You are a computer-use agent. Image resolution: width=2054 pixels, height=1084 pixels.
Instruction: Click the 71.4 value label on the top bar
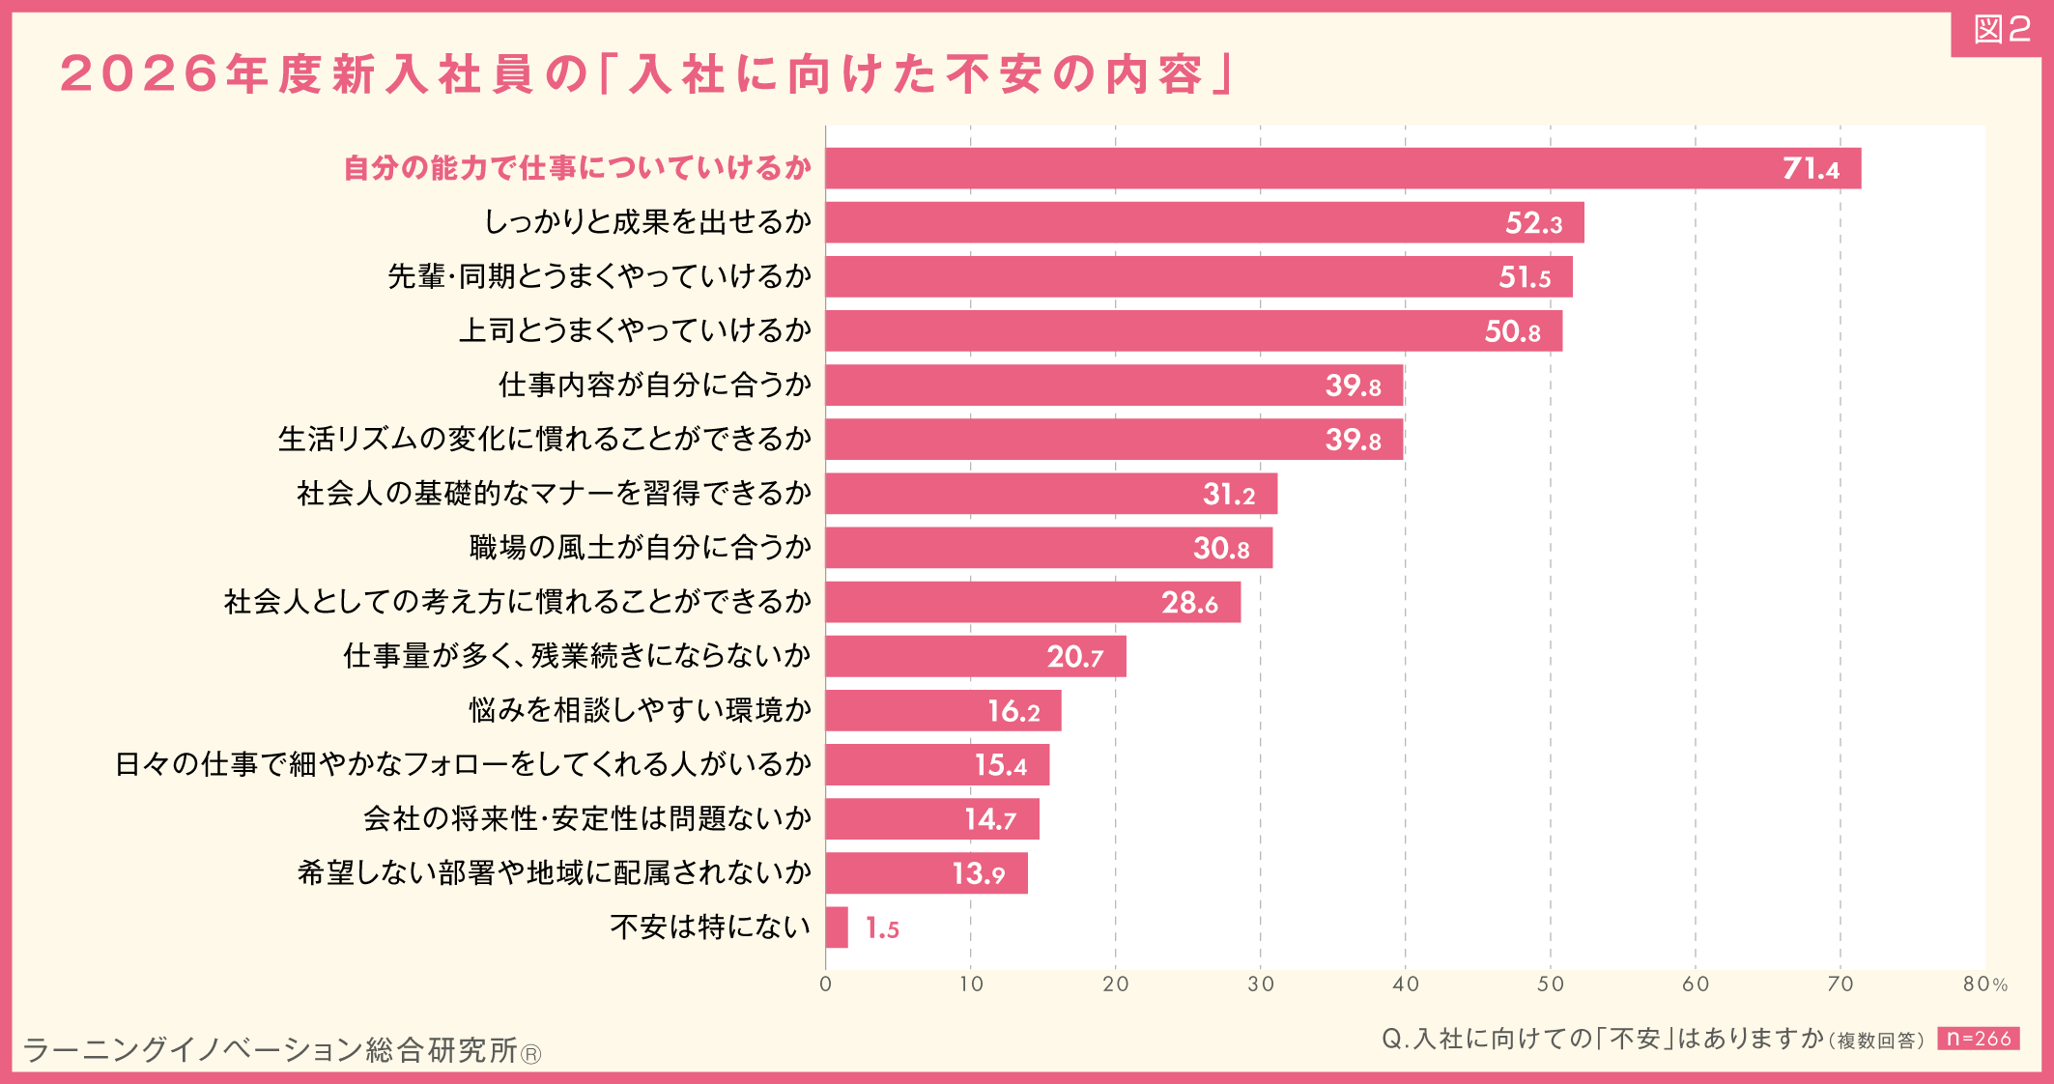[1810, 169]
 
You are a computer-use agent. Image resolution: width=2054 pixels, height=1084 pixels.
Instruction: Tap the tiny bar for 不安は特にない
[837, 927]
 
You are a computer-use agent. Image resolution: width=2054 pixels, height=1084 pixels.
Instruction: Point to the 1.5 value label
[882, 928]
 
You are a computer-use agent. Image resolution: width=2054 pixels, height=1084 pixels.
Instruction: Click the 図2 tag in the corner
[2000, 31]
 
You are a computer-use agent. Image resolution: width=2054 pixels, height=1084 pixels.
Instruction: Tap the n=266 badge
[1978, 1039]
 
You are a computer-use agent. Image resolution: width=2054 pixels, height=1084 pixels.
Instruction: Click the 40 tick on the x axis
[1405, 984]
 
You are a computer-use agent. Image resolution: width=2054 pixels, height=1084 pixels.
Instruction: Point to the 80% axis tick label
[1984, 984]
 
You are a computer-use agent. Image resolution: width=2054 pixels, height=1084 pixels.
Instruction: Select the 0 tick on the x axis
[825, 984]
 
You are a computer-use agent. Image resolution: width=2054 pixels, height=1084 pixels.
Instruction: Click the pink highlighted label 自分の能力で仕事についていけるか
[577, 168]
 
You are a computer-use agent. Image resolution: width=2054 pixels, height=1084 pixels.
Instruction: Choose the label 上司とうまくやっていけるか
[635, 330]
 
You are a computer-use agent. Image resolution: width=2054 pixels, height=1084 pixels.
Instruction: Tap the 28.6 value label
[1189, 603]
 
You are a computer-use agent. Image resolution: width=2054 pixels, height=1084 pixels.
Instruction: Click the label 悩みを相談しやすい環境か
[640, 710]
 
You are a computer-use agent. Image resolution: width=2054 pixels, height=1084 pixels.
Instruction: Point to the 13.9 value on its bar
[978, 874]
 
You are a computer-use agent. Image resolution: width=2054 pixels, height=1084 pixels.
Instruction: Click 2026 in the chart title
[139, 74]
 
